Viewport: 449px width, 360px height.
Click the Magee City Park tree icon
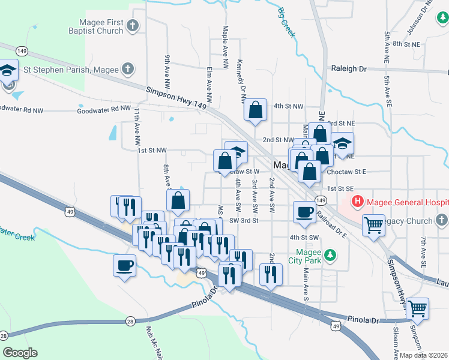tap(329, 256)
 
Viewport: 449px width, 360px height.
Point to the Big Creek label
tap(287, 22)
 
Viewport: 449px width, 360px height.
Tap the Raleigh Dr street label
tap(349, 69)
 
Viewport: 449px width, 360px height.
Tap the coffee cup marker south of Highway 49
tap(125, 265)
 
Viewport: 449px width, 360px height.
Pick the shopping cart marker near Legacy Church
tap(374, 226)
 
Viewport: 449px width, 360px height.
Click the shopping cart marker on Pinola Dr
tap(418, 309)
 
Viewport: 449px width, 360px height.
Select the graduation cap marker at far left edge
tap(8, 70)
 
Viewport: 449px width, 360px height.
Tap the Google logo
tap(20, 353)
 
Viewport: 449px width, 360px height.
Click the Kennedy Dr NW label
tap(242, 78)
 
